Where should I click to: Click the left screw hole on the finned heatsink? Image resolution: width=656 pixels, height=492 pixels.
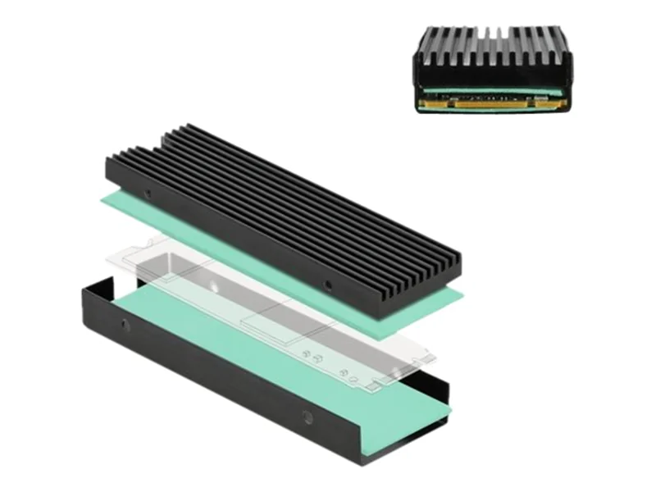pyautogui.click(x=148, y=194)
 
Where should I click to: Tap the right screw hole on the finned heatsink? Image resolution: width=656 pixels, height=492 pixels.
pyautogui.click(x=330, y=287)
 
